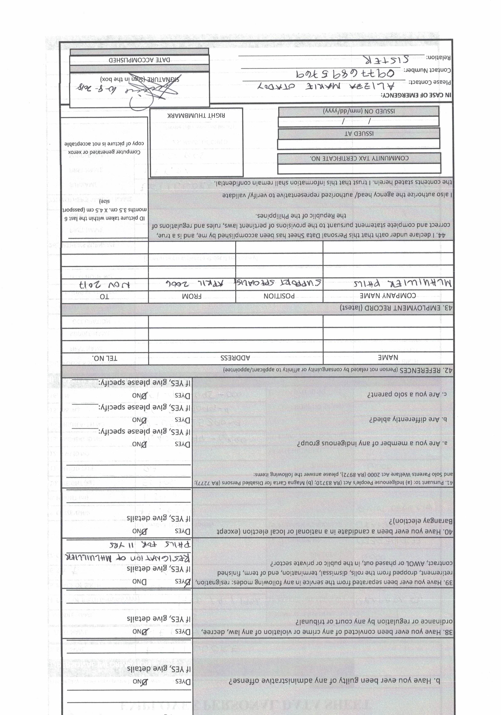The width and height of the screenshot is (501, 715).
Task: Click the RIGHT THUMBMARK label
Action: [196, 115]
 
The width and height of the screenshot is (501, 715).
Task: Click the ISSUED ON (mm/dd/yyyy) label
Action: [359, 111]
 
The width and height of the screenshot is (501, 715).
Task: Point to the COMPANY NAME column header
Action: [388, 296]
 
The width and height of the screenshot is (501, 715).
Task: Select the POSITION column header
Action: [279, 296]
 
